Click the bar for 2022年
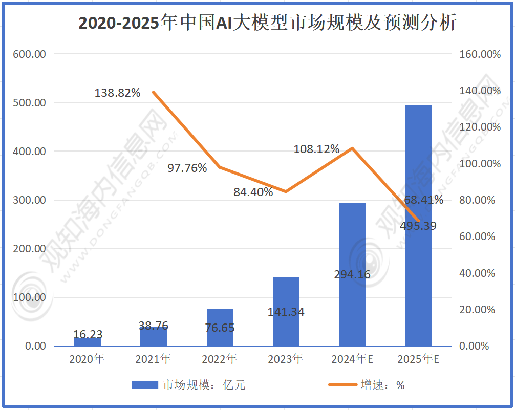tap(220, 328)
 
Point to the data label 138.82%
tap(117, 93)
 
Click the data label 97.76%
tap(187, 168)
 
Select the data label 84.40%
tap(253, 193)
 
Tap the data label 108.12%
tap(316, 149)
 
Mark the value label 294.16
tap(352, 275)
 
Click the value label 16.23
tap(88, 334)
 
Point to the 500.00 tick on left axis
tap(29, 102)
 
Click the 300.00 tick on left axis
tap(29, 200)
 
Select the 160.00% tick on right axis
tap(477, 54)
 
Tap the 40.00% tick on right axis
tap(477, 273)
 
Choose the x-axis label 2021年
tap(153, 359)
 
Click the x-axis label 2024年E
tap(352, 359)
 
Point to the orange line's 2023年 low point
tap(286, 191)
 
